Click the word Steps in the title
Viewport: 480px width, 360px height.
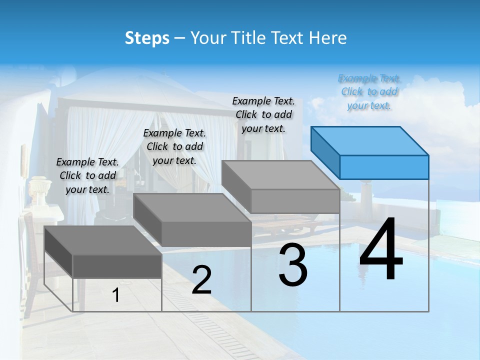click(x=147, y=38)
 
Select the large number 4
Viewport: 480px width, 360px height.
click(x=381, y=249)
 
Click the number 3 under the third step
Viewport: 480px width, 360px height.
click(x=293, y=265)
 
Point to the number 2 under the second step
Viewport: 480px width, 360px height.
click(x=201, y=280)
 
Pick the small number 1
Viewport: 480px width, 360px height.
click(x=115, y=295)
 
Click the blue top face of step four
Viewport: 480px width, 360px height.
click(x=369, y=140)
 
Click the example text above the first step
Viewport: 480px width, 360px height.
click(x=87, y=175)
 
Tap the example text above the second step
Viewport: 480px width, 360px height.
click(x=174, y=146)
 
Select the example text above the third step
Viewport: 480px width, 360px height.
click(x=263, y=114)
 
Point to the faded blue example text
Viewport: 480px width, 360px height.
click(x=369, y=91)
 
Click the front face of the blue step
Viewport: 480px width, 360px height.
click(x=384, y=167)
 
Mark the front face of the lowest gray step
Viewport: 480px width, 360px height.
click(x=117, y=266)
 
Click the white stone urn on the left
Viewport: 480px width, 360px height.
click(x=39, y=190)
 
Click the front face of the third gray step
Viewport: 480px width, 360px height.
click(x=295, y=201)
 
